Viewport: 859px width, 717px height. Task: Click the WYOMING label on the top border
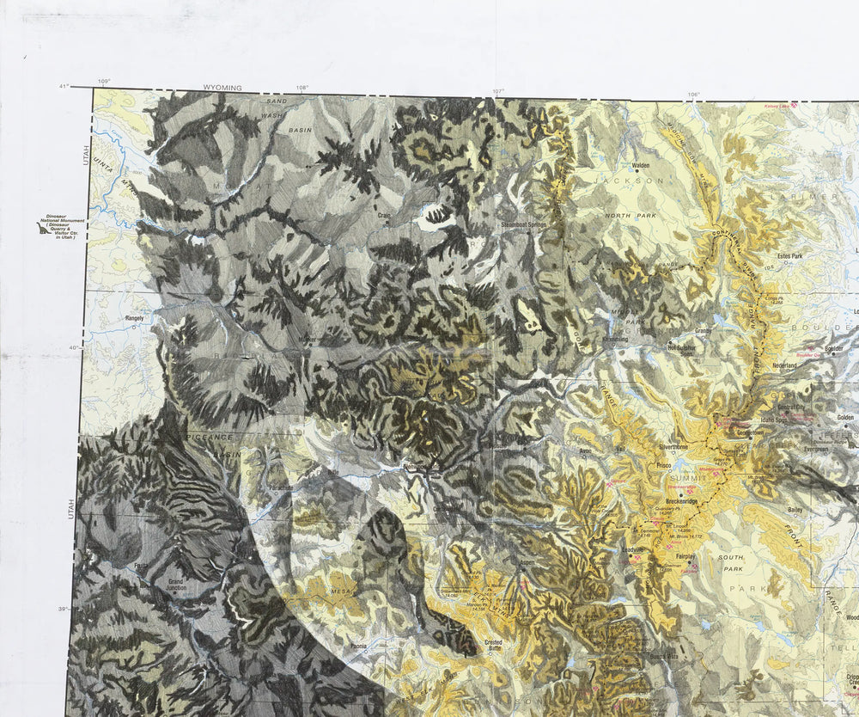click(x=222, y=88)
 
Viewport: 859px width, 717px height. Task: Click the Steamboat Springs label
click(x=524, y=225)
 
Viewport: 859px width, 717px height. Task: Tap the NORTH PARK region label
click(x=623, y=215)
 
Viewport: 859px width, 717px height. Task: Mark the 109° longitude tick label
click(x=104, y=81)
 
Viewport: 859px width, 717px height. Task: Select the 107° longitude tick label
click(x=497, y=91)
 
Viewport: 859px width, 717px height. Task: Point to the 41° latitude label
click(x=64, y=87)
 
